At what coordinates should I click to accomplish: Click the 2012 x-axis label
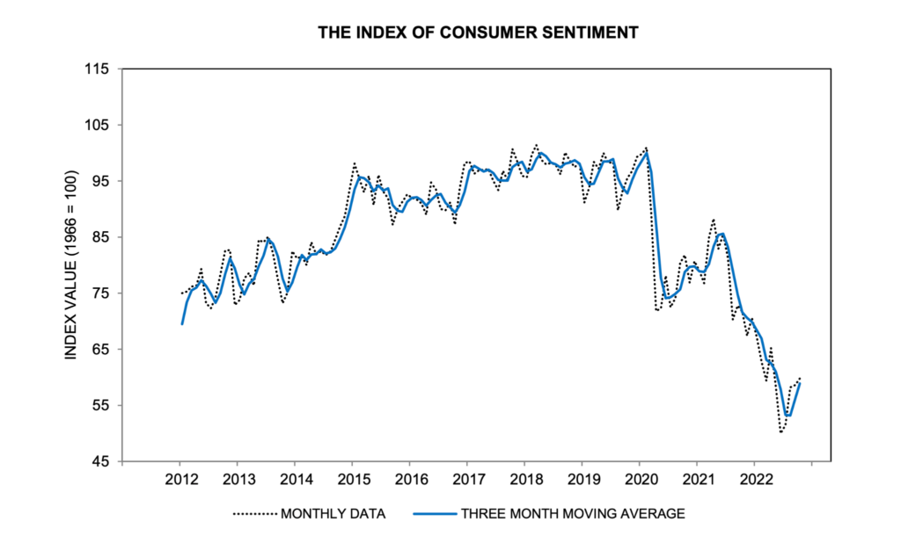179,480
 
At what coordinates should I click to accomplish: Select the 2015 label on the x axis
352,480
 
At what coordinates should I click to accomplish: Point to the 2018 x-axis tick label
524,480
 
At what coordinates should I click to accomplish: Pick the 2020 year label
640,480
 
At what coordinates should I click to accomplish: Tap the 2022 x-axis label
754,480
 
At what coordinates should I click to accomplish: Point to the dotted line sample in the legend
255,512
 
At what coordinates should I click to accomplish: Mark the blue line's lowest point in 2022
787,416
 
